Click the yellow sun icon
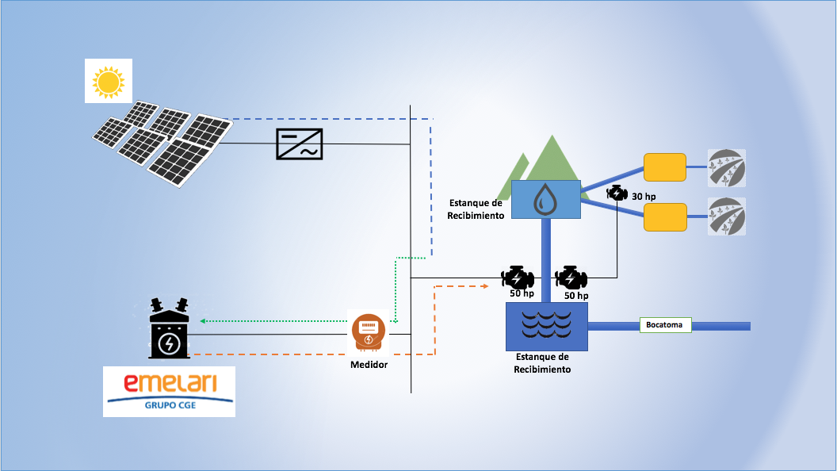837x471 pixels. (x=109, y=82)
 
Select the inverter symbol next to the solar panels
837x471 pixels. (x=300, y=144)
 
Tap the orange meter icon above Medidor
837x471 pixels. (x=369, y=333)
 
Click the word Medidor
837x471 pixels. (x=369, y=365)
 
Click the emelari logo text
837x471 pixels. (x=170, y=382)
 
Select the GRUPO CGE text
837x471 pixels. (x=170, y=405)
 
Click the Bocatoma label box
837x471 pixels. (x=665, y=324)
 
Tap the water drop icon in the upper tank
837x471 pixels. (x=545, y=200)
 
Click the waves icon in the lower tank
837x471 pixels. (x=547, y=324)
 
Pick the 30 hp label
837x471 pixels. (x=644, y=197)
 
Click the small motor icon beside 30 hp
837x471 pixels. (x=617, y=193)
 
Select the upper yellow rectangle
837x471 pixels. (x=664, y=167)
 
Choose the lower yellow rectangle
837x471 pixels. (x=665, y=216)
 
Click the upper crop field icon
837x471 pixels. (x=727, y=168)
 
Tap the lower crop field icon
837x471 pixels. (x=727, y=216)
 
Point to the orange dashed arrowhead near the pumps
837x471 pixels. (x=485, y=286)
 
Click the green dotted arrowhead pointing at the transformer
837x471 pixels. (x=203, y=321)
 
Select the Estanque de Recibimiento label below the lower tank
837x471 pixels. (x=542, y=363)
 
